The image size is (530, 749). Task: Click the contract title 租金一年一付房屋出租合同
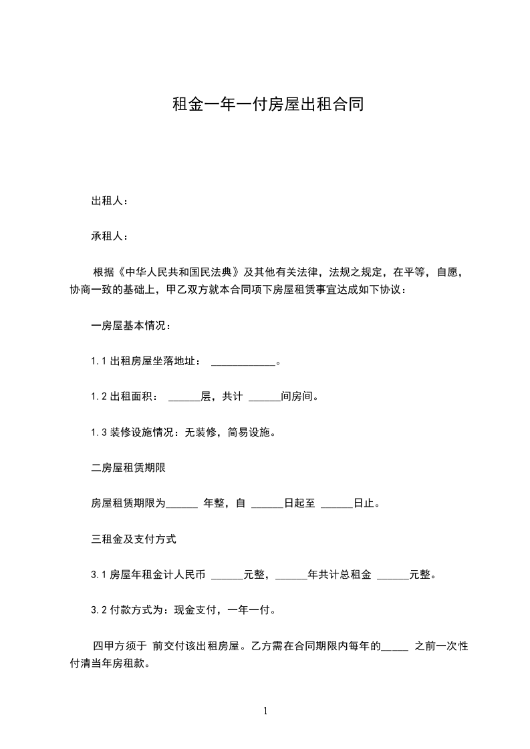coord(267,105)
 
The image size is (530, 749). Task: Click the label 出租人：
coord(110,201)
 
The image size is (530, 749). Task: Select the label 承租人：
coord(110,236)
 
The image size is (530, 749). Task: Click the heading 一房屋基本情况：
coord(131,326)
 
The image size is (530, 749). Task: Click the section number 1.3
coord(99,433)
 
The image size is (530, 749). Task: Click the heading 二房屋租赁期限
coord(128,468)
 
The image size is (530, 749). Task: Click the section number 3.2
coord(99,610)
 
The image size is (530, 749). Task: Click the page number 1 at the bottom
coord(265,712)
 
